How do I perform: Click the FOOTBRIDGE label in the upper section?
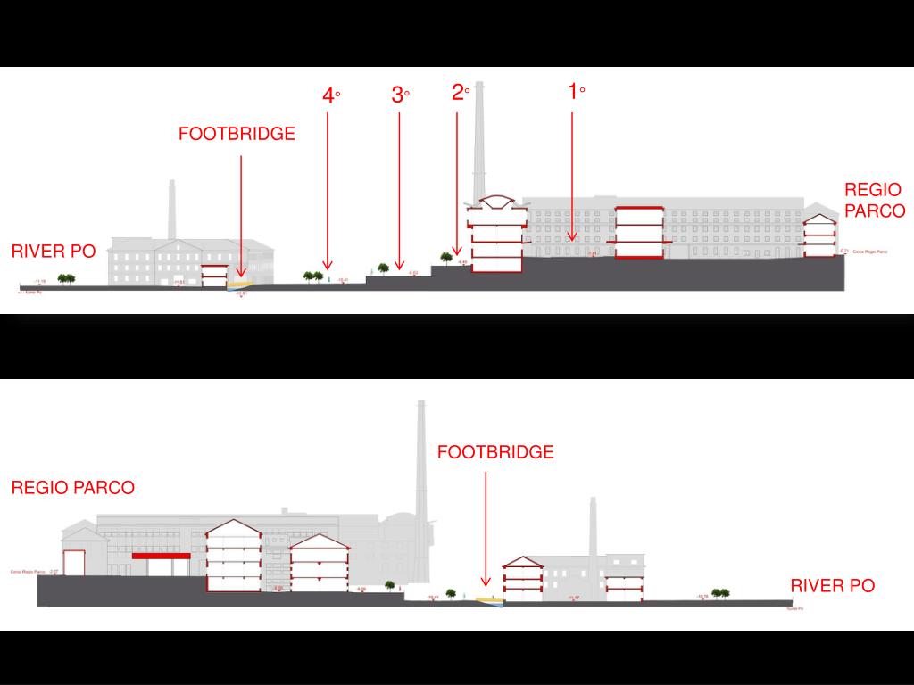237,135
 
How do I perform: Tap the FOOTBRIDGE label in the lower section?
495,452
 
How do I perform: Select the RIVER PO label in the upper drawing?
53,252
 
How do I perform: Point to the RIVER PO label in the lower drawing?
832,586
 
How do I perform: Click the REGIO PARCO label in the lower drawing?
72,488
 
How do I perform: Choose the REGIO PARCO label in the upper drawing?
874,201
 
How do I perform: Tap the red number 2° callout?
460,92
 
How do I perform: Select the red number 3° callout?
400,95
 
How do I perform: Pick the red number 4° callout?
331,95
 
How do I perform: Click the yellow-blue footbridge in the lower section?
490,600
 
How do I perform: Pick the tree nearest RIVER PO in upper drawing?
66,278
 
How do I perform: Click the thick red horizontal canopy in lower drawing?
162,556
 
